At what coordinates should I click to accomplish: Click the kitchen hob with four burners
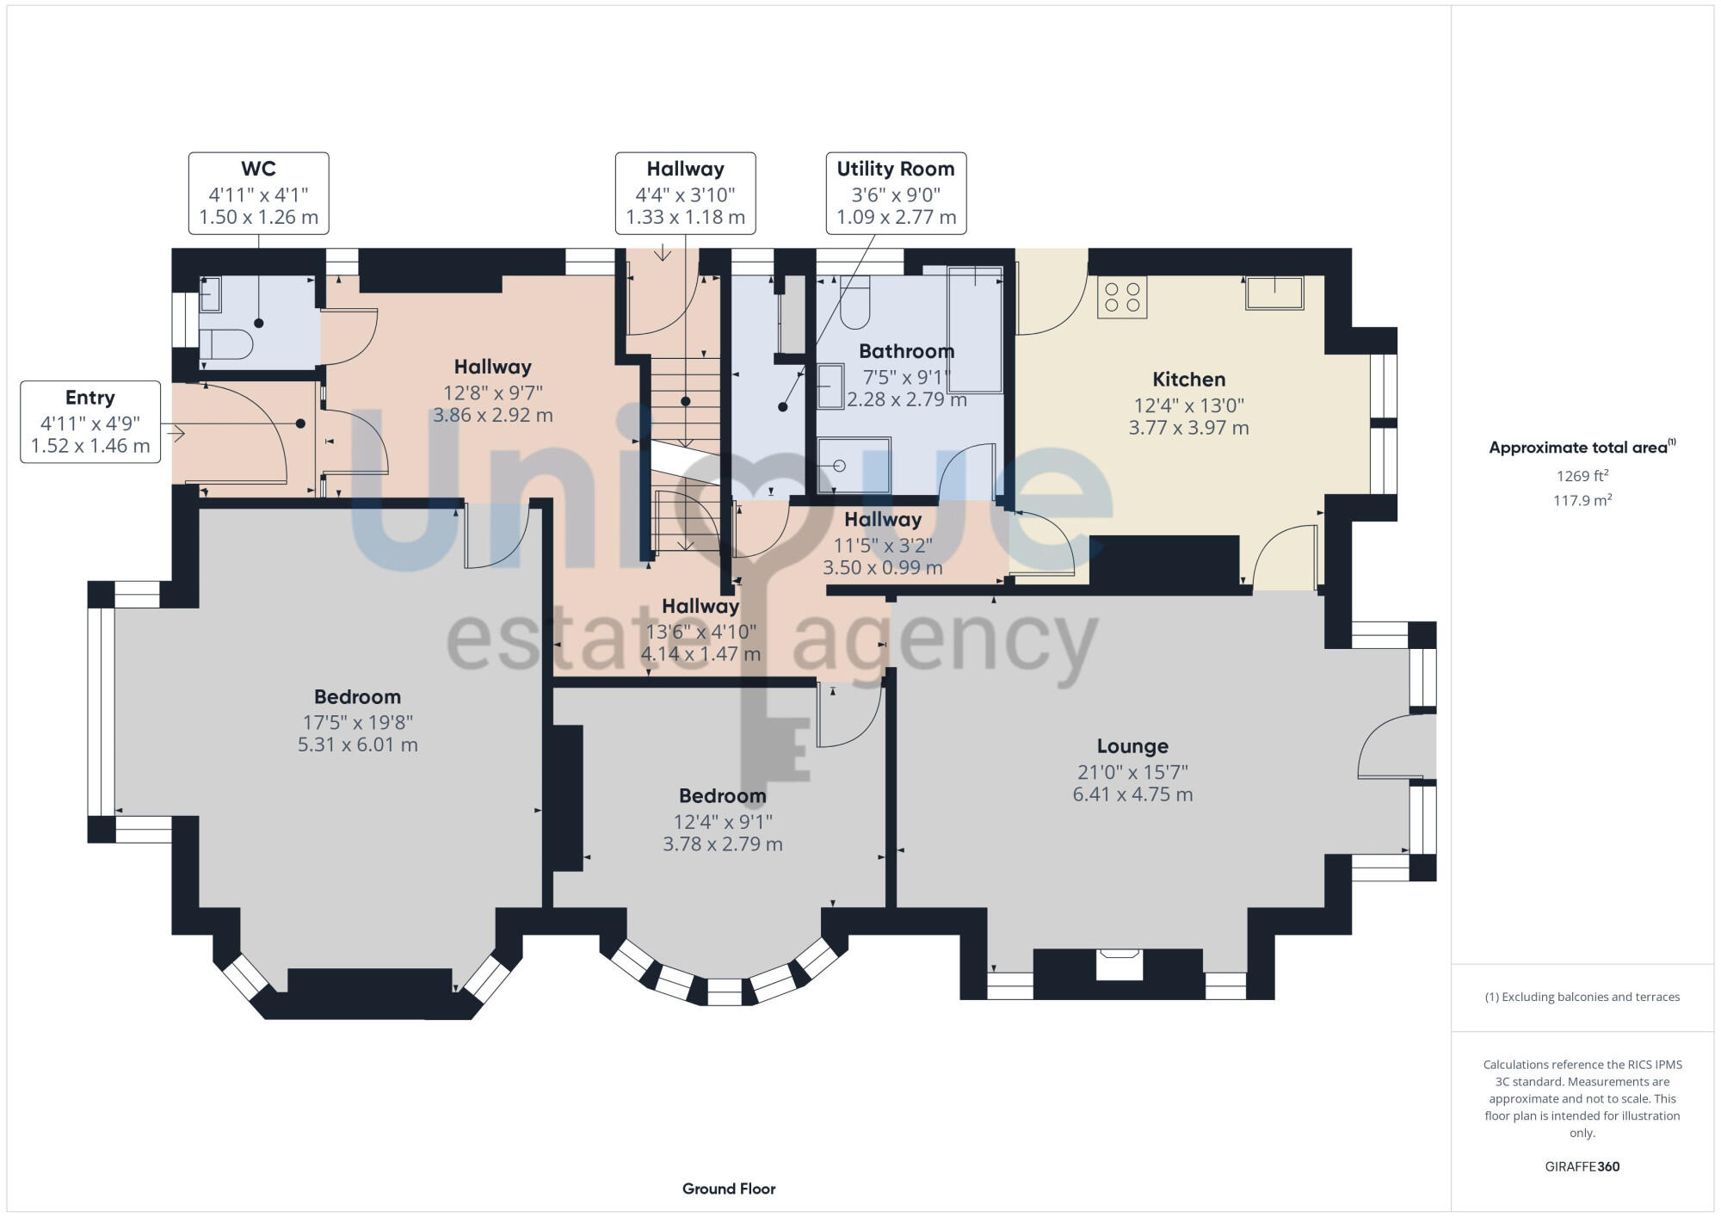(1122, 297)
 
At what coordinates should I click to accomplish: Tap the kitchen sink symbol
(1274, 293)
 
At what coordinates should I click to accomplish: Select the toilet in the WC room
(228, 344)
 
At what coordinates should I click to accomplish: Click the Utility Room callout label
(896, 170)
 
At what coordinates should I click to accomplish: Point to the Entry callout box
(90, 422)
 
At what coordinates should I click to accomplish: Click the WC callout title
(258, 170)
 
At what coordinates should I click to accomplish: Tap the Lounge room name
(1132, 746)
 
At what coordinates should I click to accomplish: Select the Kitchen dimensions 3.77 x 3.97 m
(1188, 428)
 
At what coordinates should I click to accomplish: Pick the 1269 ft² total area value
(1582, 476)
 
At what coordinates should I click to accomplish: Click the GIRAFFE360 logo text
(1582, 1167)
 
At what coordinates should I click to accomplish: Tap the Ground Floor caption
(729, 1189)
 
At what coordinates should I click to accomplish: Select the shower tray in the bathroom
(854, 465)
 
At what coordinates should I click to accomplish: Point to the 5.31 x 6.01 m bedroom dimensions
(357, 744)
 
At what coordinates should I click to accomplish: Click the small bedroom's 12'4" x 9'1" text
(723, 822)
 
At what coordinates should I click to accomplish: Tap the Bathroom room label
(906, 351)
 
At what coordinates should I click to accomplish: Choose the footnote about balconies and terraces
(1582, 997)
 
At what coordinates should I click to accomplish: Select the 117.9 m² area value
(1582, 500)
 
